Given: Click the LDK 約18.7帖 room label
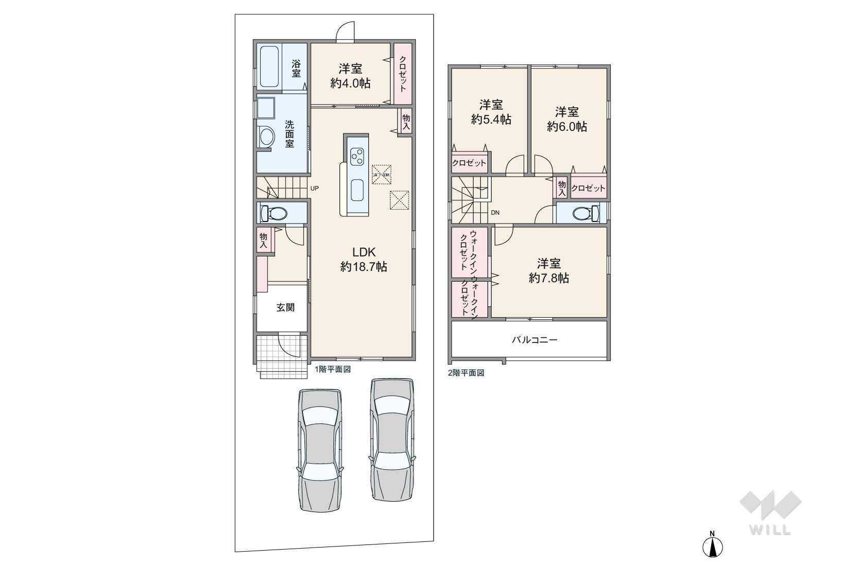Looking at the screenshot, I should click(364, 259).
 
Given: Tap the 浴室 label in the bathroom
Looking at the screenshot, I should click(296, 69).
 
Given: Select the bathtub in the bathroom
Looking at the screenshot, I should click(269, 67).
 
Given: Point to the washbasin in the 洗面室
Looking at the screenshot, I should click(267, 137).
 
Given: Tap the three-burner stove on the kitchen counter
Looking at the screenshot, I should click(357, 156).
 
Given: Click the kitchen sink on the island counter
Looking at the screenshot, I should click(357, 191).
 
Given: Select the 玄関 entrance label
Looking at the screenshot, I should click(285, 308).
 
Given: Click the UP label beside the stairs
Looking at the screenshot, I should click(314, 189).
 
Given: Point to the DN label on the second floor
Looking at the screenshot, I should click(495, 213).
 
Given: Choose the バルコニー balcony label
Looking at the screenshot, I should click(534, 340).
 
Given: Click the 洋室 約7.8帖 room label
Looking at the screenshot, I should click(548, 271).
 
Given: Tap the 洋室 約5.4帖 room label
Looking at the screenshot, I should click(491, 112).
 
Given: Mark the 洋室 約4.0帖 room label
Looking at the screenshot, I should click(350, 76).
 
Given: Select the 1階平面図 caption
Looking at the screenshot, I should click(333, 369).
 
